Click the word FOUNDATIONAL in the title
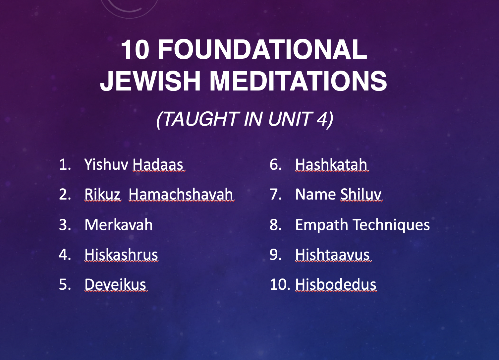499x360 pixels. (262, 49)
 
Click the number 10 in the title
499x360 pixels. (135, 49)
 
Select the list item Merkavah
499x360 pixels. (119, 224)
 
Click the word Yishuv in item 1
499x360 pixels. (106, 164)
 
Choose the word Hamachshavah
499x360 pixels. (181, 194)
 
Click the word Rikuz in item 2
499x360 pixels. (102, 194)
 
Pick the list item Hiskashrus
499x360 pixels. (121, 255)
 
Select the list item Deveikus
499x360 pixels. (115, 285)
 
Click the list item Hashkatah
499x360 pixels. (331, 164)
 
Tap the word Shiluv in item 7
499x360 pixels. (360, 194)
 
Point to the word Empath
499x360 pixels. (321, 225)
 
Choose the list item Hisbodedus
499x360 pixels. (336, 285)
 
